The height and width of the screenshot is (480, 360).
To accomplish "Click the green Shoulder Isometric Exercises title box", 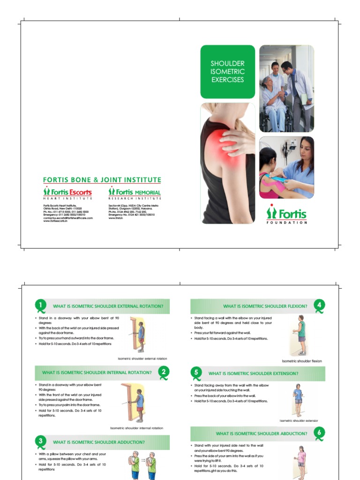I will (228, 71).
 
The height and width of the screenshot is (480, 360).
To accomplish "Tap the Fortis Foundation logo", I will (287, 214).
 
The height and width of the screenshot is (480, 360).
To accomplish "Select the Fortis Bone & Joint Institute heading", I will (102, 180).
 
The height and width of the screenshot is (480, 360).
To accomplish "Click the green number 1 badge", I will (41, 305).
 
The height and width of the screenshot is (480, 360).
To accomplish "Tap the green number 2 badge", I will (164, 372).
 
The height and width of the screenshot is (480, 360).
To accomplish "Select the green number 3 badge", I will (41, 441).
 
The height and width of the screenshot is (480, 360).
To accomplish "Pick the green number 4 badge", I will (319, 305).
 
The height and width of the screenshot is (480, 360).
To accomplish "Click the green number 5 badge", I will (197, 373).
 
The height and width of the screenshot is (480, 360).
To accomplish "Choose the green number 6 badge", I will (319, 433).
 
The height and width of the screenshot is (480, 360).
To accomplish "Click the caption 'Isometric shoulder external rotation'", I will (142, 359).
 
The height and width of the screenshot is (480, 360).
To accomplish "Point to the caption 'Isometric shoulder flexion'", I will (301, 361).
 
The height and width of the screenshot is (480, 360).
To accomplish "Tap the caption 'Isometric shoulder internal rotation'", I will (136, 428).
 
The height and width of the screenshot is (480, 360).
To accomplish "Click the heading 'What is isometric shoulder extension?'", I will (253, 374).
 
